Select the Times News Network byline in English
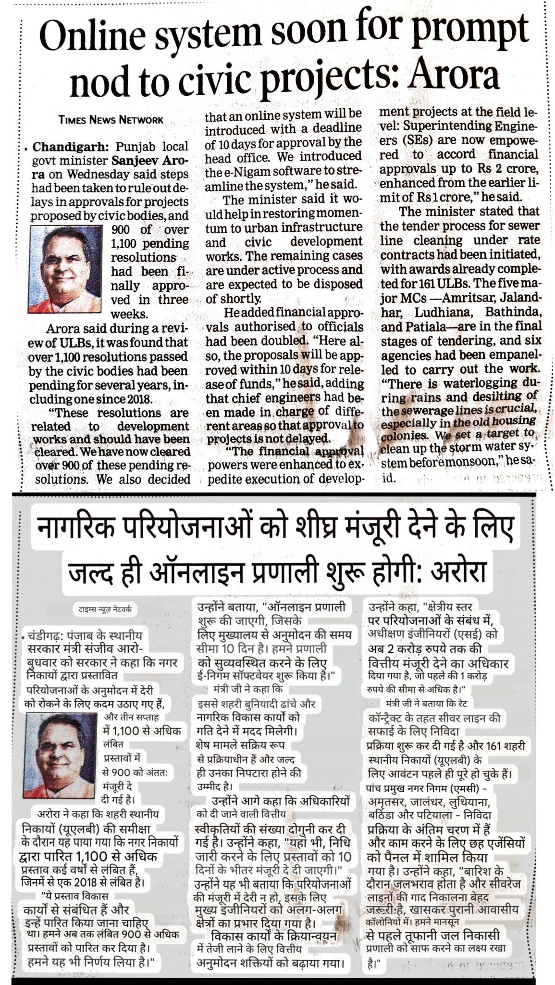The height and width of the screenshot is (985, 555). click(111, 120)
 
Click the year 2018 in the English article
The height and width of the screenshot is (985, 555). click(134, 399)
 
